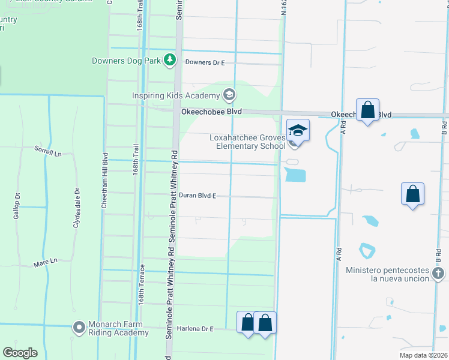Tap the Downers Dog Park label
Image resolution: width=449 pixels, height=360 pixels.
(127, 60)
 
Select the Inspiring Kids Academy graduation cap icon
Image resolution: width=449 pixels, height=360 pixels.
(229, 95)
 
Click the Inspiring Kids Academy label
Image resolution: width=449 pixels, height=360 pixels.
(176, 96)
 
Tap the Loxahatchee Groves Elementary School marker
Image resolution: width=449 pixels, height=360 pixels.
(298, 130)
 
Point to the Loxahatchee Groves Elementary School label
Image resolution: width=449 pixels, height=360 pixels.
(247, 142)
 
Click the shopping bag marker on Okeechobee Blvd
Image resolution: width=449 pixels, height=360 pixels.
(367, 111)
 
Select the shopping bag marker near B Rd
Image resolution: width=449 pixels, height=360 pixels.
(412, 194)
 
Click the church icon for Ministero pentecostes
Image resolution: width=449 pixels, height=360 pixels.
(438, 274)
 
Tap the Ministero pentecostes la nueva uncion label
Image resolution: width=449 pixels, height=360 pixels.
(387, 275)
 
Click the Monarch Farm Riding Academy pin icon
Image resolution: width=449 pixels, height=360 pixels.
(79, 328)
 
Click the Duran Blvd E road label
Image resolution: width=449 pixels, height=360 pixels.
(197, 196)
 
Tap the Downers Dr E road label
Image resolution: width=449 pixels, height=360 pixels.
(205, 62)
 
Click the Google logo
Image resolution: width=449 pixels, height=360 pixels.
(20, 353)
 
